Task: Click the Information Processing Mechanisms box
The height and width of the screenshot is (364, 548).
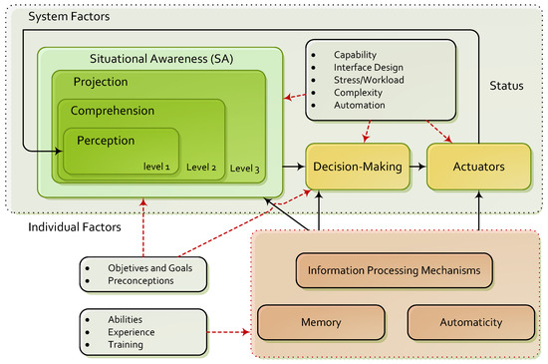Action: pos(396,269)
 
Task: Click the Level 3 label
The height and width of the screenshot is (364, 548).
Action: pos(245,170)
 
